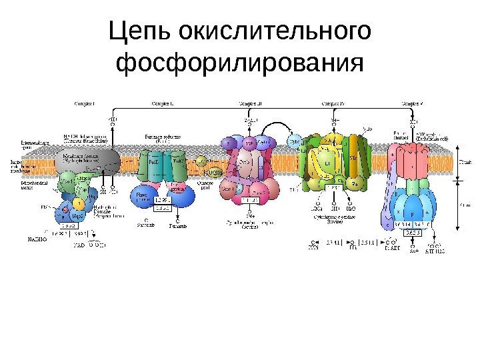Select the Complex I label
84,103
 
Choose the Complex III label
251,103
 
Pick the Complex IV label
333,103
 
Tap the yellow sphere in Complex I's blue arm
79,203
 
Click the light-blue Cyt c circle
295,142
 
